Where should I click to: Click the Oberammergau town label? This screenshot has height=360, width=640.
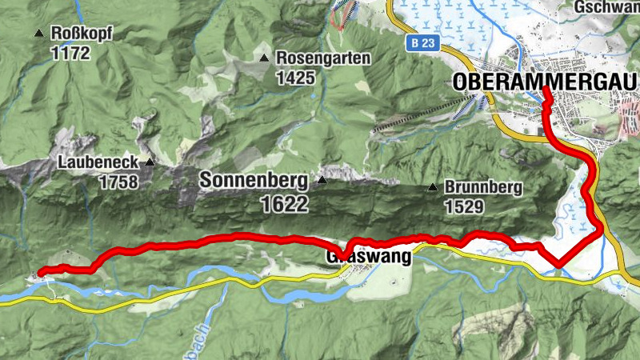[543, 82]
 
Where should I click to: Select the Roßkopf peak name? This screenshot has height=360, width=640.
[82, 34]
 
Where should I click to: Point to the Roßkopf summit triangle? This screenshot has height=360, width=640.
[38, 34]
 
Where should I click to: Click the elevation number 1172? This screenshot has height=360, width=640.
[70, 54]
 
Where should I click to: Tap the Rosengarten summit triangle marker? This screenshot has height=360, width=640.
[264, 58]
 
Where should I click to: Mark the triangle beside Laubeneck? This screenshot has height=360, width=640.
[149, 162]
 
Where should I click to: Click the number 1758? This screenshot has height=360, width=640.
[118, 182]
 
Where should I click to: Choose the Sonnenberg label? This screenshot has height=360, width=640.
[255, 181]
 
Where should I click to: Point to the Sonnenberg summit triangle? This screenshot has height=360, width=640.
[322, 180]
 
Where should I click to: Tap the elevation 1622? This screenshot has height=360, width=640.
[283, 205]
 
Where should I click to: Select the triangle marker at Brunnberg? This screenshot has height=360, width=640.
[432, 188]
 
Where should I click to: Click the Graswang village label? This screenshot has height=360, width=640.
[369, 258]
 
